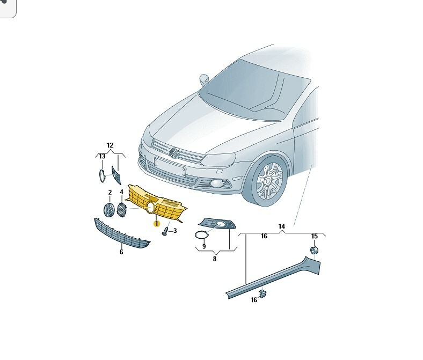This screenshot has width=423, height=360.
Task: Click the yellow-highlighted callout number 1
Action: [x=156, y=224]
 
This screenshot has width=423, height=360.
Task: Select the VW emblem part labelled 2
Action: [x=110, y=210]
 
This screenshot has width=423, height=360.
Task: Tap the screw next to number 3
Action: [x=165, y=231]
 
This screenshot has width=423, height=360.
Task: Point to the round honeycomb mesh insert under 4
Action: [x=122, y=210]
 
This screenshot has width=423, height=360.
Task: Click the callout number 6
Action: [x=121, y=252]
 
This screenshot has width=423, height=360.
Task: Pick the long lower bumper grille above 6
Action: [x=122, y=233]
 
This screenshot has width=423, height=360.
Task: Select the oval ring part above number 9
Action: [x=201, y=235]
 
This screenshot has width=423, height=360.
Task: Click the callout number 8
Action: [x=215, y=259]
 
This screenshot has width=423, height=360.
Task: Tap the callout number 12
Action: [x=110, y=145]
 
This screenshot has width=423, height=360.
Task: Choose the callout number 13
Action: [x=102, y=157]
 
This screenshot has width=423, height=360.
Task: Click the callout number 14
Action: [x=282, y=226]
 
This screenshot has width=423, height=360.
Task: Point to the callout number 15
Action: [x=315, y=236]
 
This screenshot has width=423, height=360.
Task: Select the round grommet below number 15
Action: [x=314, y=250]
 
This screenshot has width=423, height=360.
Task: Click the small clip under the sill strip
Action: [x=262, y=293]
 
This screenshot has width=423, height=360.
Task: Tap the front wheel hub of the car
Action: [x=269, y=180]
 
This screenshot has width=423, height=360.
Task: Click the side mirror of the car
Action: [x=204, y=79]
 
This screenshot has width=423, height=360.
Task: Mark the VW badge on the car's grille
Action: [x=174, y=153]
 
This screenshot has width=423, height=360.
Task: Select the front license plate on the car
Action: [x=170, y=167]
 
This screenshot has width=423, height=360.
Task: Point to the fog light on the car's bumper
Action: [x=217, y=183]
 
